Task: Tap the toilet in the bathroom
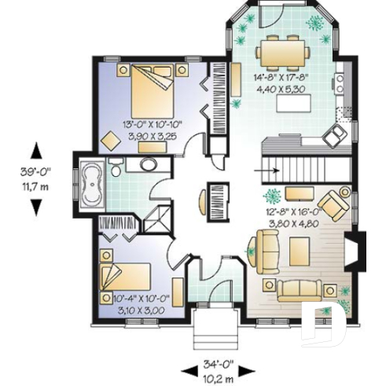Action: [x=115, y=169]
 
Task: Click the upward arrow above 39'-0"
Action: [x=35, y=149]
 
